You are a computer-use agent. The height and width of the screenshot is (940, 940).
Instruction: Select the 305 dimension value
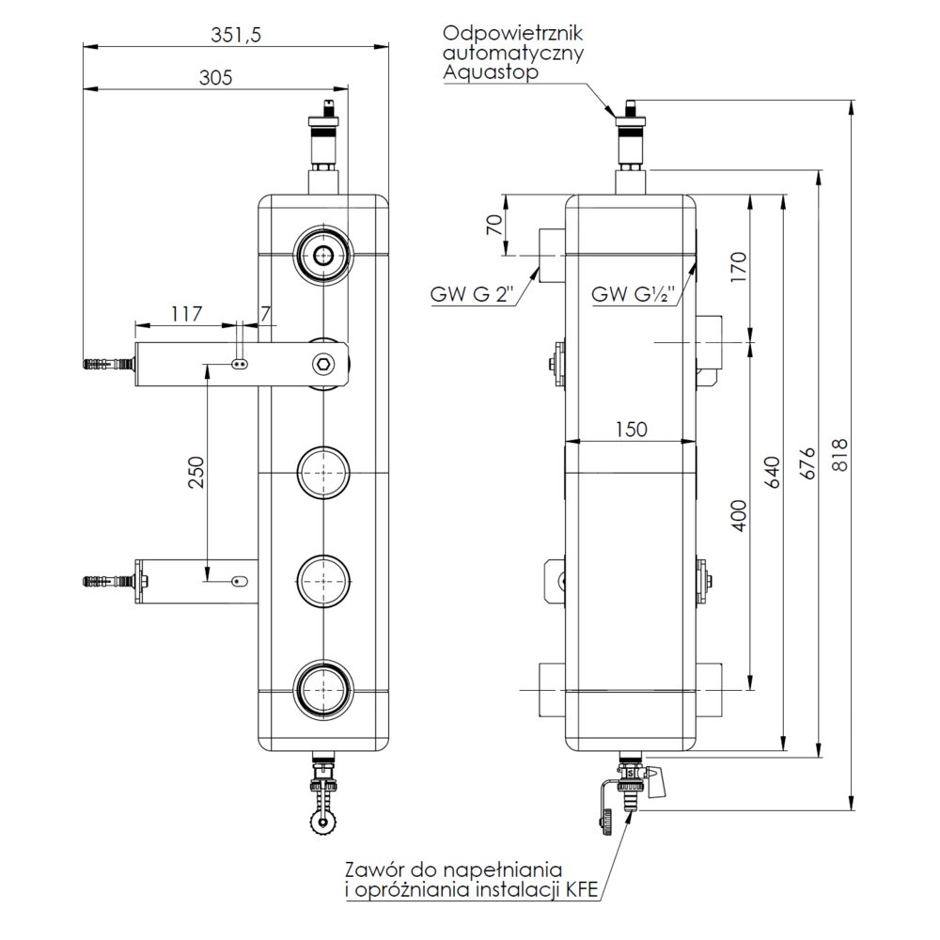tap(214, 78)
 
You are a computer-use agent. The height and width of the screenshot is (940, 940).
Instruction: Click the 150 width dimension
tap(632, 429)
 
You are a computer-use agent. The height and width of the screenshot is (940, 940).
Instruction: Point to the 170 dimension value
tap(738, 268)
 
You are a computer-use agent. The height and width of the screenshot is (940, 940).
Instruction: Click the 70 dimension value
tap(491, 226)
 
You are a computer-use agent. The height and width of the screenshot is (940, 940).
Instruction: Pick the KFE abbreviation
tap(581, 886)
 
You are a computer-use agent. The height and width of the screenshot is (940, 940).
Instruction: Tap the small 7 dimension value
tap(266, 314)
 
